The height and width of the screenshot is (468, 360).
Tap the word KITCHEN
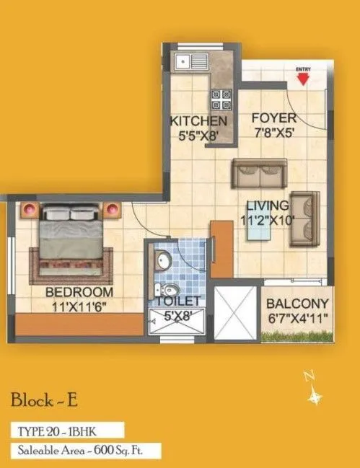pyautogui.click(x=198, y=120)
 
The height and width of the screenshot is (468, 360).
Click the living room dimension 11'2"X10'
pyautogui.click(x=268, y=221)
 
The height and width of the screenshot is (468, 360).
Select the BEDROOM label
pyautogui.click(x=79, y=292)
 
